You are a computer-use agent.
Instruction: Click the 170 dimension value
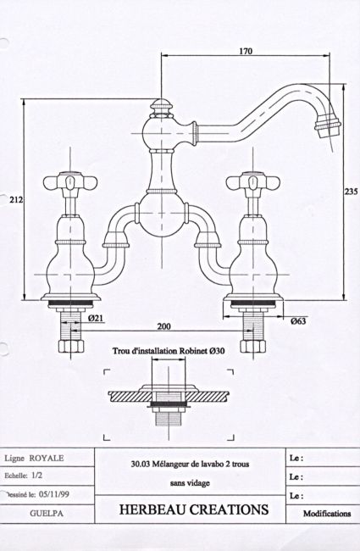point(246,52)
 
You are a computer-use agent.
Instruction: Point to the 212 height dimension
point(16,200)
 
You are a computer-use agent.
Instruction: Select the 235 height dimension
point(351,192)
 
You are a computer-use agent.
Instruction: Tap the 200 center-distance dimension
point(163,326)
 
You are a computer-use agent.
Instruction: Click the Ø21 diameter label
point(96,318)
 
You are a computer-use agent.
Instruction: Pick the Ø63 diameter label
point(298,320)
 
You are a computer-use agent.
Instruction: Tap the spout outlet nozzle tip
point(327,127)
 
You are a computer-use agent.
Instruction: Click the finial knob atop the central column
point(161,108)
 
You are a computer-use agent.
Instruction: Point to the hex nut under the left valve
point(70,345)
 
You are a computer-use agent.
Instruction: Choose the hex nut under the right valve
point(253,345)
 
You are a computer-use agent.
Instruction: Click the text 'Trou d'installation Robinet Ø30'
point(169,351)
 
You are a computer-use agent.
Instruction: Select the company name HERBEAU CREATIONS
point(194,509)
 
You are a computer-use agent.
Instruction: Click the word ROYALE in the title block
point(47,459)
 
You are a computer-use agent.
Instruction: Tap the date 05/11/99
point(54,494)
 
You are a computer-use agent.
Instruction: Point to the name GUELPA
point(47,514)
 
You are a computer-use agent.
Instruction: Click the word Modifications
point(327,514)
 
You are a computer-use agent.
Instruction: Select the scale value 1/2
point(37,476)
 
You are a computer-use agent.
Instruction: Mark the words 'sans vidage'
point(190,483)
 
